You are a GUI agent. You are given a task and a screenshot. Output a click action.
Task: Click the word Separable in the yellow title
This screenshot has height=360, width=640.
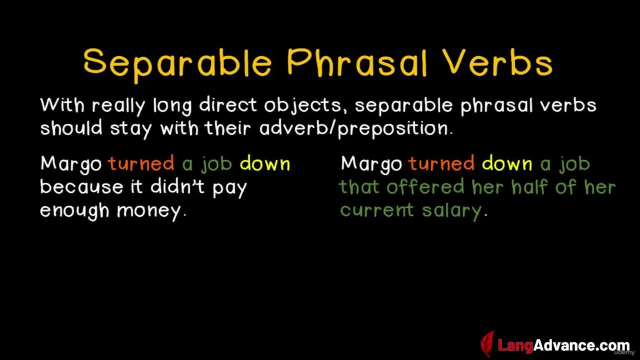pos(177,65)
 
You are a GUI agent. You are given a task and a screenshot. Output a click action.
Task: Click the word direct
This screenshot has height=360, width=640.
pos(227,105)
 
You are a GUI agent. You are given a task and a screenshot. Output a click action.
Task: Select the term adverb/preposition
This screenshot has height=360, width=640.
pos(356,129)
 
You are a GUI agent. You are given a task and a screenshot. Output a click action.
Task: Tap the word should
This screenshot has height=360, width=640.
pos(71,127)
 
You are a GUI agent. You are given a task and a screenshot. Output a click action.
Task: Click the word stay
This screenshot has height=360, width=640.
pos(131,129)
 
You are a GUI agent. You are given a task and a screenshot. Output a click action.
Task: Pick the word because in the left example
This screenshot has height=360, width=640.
pos(81,187)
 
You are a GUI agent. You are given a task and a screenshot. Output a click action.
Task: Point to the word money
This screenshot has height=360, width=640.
pos(151,211)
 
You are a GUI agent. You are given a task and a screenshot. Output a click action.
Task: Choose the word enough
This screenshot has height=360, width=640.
pos(74,211)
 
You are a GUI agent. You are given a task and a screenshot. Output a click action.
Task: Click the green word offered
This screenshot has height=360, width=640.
pos(425,187)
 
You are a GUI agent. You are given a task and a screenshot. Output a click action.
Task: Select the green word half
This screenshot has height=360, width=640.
pos(529,186)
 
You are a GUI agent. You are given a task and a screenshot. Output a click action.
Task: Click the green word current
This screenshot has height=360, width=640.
pos(376,211)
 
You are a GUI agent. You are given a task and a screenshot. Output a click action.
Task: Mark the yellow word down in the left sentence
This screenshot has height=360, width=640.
pos(265,163)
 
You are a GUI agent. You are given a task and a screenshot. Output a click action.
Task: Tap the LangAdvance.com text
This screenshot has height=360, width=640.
pos(563,345)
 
